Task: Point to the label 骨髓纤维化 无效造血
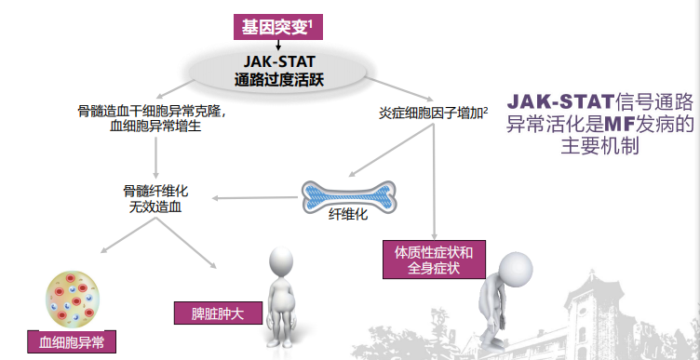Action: pos(155,198)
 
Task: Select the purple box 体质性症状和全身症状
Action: pos(435,260)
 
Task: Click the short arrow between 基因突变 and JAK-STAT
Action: pos(277,44)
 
